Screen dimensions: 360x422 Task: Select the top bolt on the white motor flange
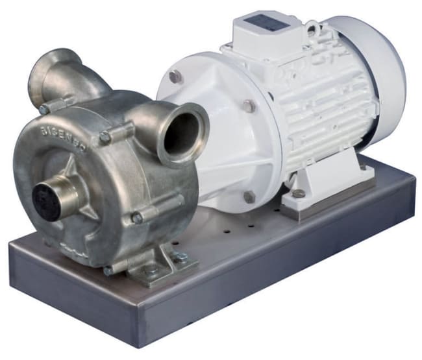(x=176, y=77)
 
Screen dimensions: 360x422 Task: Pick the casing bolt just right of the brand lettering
(x=105, y=138)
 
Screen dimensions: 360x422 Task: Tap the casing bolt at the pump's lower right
(x=137, y=218)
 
